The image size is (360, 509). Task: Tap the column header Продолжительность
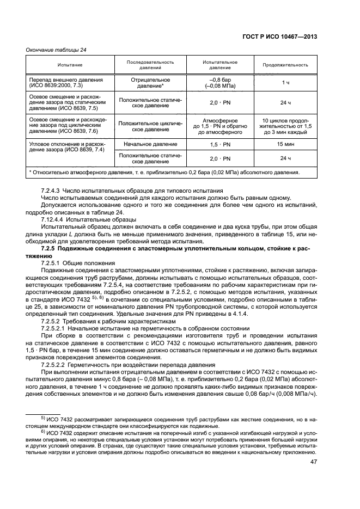coord(285,65)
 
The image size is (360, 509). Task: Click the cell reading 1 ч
coord(285,82)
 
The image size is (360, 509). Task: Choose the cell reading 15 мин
coord(285,144)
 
